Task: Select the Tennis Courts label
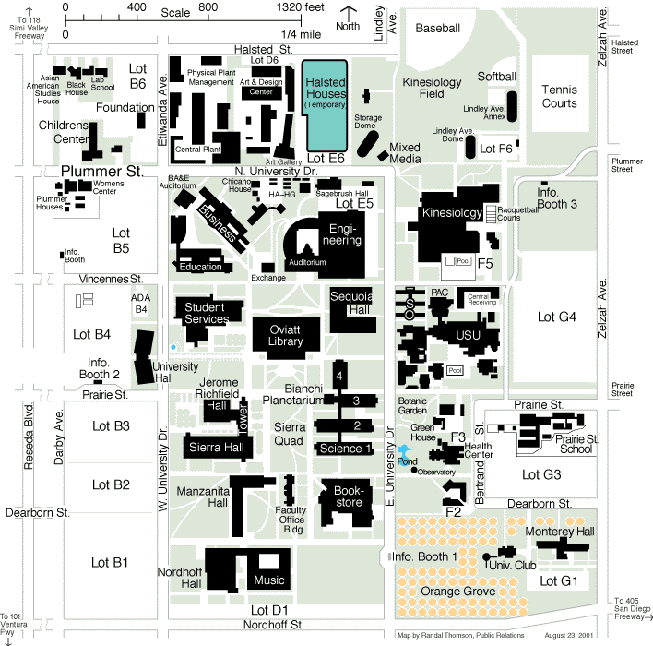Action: pyautogui.click(x=559, y=97)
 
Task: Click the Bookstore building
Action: pyautogui.click(x=343, y=499)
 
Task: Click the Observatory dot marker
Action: pyautogui.click(x=415, y=470)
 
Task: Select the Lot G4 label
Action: pyautogui.click(x=556, y=317)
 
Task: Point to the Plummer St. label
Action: pyautogui.click(x=103, y=171)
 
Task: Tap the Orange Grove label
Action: pyautogui.click(x=457, y=591)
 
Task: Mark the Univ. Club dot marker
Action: pyautogui.click(x=485, y=556)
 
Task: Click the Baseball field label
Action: pyautogui.click(x=437, y=29)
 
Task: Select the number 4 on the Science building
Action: pyautogui.click(x=339, y=377)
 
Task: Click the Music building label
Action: pyautogui.click(x=269, y=580)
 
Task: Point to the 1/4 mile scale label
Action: pyautogui.click(x=303, y=34)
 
